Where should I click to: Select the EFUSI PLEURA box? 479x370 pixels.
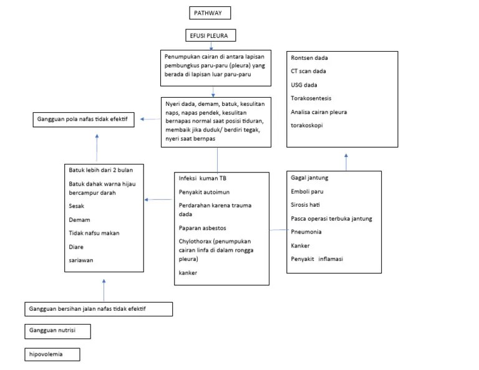point(210,36)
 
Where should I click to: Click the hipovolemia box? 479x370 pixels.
point(53,354)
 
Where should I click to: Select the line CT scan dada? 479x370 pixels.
point(308,71)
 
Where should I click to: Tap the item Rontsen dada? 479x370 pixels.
point(309,58)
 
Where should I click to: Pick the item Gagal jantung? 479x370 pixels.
point(309,178)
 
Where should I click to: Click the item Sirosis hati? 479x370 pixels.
point(306,204)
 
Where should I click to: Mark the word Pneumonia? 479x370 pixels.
point(307,232)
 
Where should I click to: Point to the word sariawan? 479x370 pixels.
point(82,260)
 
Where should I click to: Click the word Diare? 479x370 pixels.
point(77,247)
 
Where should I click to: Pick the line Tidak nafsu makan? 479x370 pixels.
point(94,233)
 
